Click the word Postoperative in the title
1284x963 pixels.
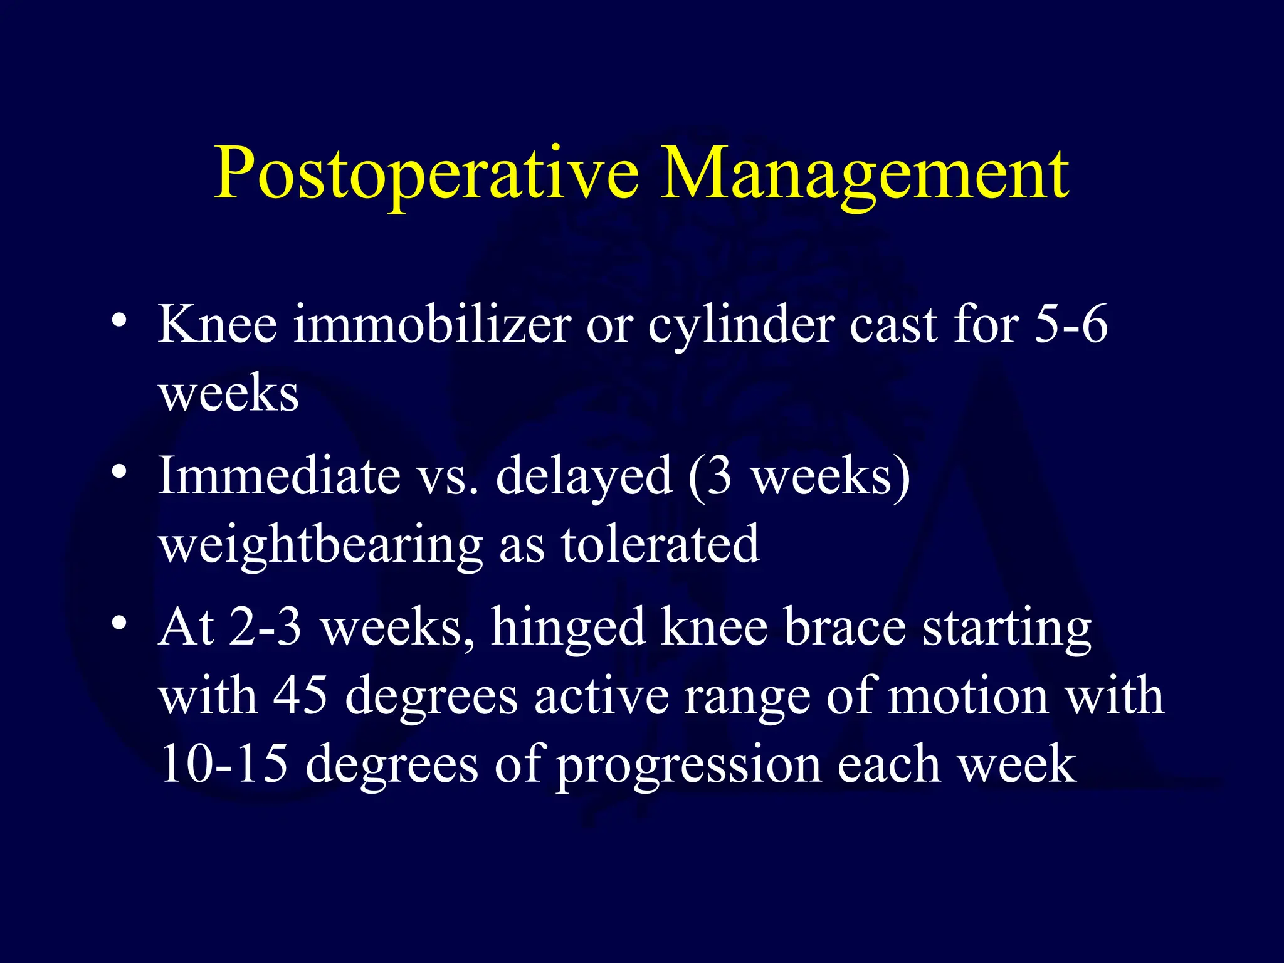pyautogui.click(x=426, y=174)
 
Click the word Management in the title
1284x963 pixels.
pyautogui.click(x=865, y=174)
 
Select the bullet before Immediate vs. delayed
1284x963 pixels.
pyautogui.click(x=118, y=471)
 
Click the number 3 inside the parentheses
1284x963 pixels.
pyautogui.click(x=719, y=476)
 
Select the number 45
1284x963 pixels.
pyautogui.click(x=300, y=695)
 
